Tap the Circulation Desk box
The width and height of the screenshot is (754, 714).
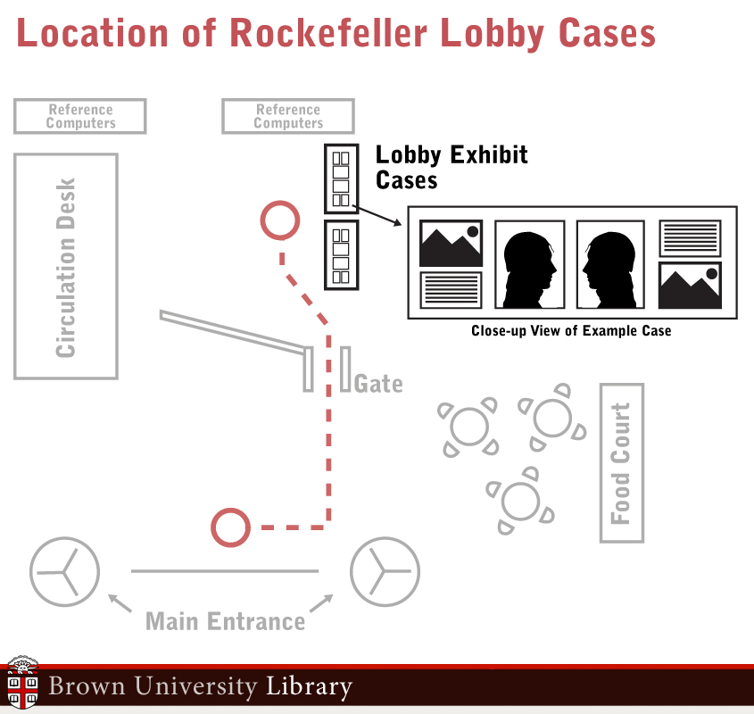tap(66, 266)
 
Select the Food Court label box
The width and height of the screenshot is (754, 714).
tap(621, 462)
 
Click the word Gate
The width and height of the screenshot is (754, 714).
tap(378, 384)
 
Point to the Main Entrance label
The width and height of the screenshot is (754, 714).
tap(225, 621)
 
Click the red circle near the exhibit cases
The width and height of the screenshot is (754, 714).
tap(279, 220)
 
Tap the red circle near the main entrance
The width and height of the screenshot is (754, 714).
tap(230, 527)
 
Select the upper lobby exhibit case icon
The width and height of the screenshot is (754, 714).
tap(341, 178)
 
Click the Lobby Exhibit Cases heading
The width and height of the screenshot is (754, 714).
tap(452, 167)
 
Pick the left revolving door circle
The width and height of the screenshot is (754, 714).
tap(64, 569)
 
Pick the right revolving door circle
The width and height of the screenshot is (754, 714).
tap(385, 569)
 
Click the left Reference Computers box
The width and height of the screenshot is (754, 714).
tap(80, 116)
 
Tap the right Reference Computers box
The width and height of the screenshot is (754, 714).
tap(288, 116)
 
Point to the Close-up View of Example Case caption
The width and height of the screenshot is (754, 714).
tap(571, 331)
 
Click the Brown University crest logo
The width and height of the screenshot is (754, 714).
tap(22, 685)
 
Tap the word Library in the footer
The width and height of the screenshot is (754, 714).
tap(309, 687)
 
